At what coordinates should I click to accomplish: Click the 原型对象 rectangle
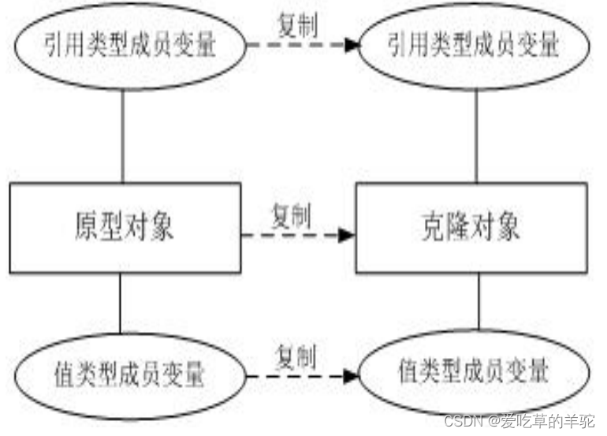[x=125, y=229]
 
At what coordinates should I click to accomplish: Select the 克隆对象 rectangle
[x=471, y=229]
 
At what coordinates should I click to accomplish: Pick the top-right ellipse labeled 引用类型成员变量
[x=473, y=46]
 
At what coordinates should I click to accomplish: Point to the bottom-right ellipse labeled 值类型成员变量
[x=473, y=372]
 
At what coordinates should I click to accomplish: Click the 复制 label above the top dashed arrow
[x=297, y=26]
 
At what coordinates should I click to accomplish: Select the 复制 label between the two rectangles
[x=291, y=213]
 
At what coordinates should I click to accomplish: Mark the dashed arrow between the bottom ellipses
[x=296, y=376]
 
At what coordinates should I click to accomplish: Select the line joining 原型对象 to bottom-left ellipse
[x=120, y=304]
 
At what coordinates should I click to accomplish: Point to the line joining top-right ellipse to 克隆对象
[x=475, y=134]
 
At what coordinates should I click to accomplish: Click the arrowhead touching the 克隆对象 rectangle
[x=347, y=235]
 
